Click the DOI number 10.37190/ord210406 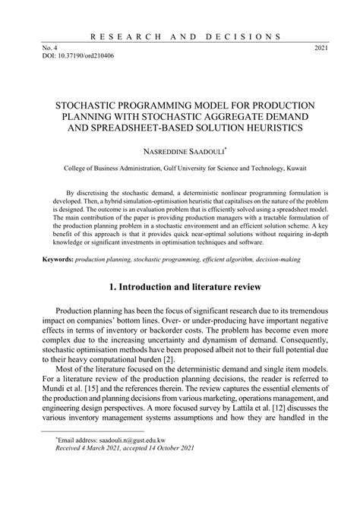tap(83, 56)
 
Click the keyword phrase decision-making tap(276, 259)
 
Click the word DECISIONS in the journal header tap(248, 36)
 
